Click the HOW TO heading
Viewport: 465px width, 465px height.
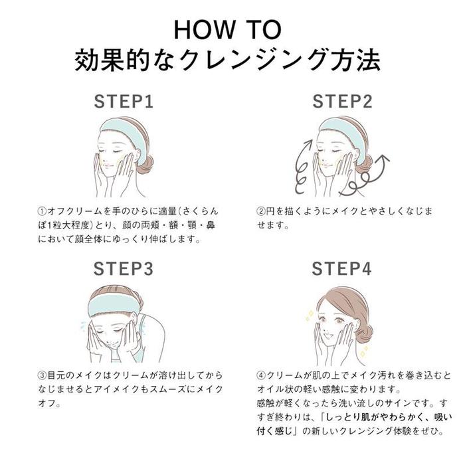(227, 30)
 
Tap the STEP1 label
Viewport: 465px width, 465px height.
(124, 102)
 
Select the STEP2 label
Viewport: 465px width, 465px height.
(342, 102)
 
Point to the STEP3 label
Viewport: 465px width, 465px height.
(124, 268)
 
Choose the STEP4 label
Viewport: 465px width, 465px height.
(341, 268)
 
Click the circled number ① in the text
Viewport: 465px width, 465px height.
(42, 211)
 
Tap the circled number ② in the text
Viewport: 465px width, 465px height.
(261, 211)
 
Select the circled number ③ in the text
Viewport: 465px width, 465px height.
(42, 375)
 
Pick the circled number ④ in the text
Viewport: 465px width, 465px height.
(261, 375)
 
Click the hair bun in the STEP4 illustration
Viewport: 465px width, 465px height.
(364, 327)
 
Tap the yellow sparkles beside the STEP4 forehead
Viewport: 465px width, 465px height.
(310, 316)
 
